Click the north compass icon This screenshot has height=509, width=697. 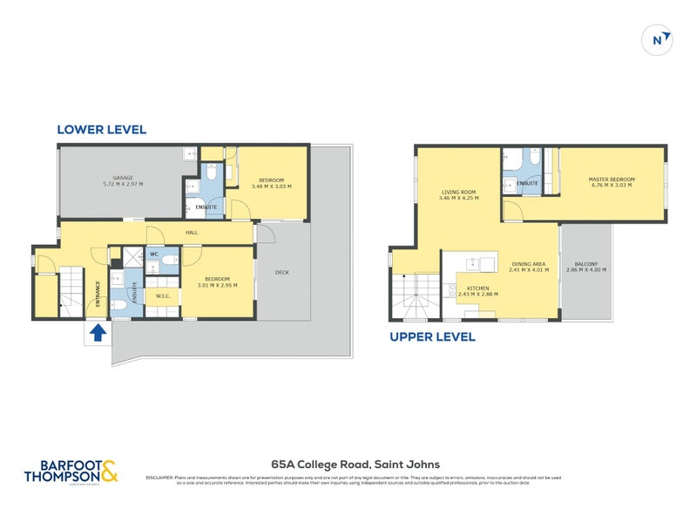660,39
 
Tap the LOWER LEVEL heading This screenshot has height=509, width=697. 101,130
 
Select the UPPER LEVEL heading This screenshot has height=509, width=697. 432,336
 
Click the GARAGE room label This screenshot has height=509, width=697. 122,177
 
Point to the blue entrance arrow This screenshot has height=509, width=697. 98,332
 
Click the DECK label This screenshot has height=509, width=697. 281,272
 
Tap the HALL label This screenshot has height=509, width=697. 193,233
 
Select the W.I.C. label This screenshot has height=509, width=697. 163,295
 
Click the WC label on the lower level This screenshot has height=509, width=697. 153,254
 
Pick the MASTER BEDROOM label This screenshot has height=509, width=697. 612,180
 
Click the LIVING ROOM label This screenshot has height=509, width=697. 458,192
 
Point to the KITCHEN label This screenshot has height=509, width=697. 477,288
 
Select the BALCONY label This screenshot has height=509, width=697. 585,264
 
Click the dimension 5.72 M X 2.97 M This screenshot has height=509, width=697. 122,184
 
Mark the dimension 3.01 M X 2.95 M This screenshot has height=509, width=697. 217,283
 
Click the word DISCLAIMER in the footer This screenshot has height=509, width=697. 160,478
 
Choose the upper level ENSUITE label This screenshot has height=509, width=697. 527,183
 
